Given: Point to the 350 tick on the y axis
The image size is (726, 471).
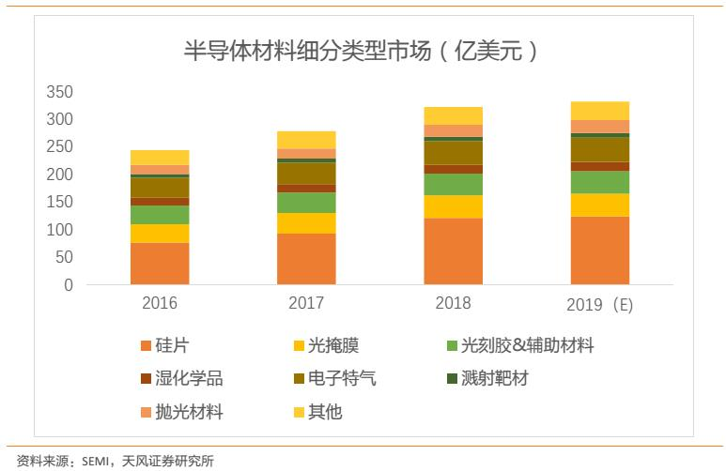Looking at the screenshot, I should point(59,92).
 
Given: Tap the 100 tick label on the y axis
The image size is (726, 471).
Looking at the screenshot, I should point(59,230).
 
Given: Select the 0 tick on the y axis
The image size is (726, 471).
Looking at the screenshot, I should point(68,285).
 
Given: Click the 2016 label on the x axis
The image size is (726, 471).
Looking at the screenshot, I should point(160,304).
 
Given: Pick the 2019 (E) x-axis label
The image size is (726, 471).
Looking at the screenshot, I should point(600,305).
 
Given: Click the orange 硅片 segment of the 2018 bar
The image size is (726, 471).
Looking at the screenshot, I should point(453,251).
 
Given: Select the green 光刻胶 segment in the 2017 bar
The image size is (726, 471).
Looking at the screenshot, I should point(306,203).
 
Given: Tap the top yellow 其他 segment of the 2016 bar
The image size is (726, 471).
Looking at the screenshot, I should point(160,157).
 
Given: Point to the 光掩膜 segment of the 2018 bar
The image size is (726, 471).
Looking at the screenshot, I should point(453,206).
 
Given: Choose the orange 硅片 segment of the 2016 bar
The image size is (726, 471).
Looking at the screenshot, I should point(160,263).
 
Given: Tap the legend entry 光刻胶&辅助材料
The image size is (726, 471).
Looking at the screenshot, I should point(526,346).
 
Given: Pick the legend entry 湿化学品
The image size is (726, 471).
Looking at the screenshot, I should point(193,379).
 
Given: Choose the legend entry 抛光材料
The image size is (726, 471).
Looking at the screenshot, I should point(193,412).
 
